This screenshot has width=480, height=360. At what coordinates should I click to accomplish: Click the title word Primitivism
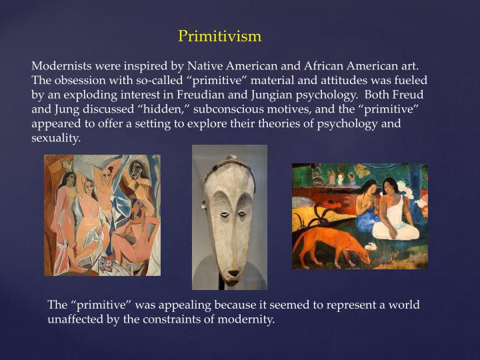219,36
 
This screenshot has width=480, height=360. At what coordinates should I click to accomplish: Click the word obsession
80,81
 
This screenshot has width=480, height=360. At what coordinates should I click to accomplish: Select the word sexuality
56,139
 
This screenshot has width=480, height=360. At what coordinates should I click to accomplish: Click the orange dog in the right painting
337,244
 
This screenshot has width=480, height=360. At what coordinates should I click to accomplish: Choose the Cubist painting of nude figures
102,215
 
